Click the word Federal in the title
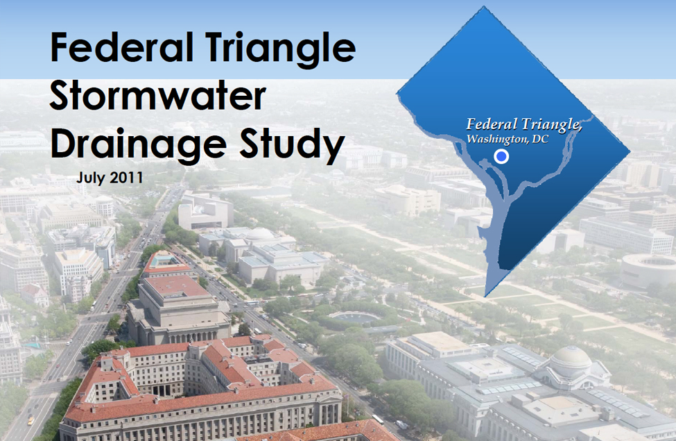[122, 47]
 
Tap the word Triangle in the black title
[281, 50]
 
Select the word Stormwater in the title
[158, 95]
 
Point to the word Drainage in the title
[139, 144]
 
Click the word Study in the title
[292, 144]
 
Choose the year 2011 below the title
[126, 177]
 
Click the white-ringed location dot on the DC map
[501, 156]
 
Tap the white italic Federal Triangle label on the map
[524, 124]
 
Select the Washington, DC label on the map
[508, 139]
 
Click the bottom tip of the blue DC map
[485, 297]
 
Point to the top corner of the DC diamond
[484, 6]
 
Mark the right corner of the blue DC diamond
[630, 151]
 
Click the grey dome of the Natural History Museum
[571, 358]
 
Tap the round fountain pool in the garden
[354, 317]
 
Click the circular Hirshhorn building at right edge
[648, 270]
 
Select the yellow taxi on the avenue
[31, 419]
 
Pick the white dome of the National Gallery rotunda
[260, 235]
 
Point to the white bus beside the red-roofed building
[378, 419]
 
